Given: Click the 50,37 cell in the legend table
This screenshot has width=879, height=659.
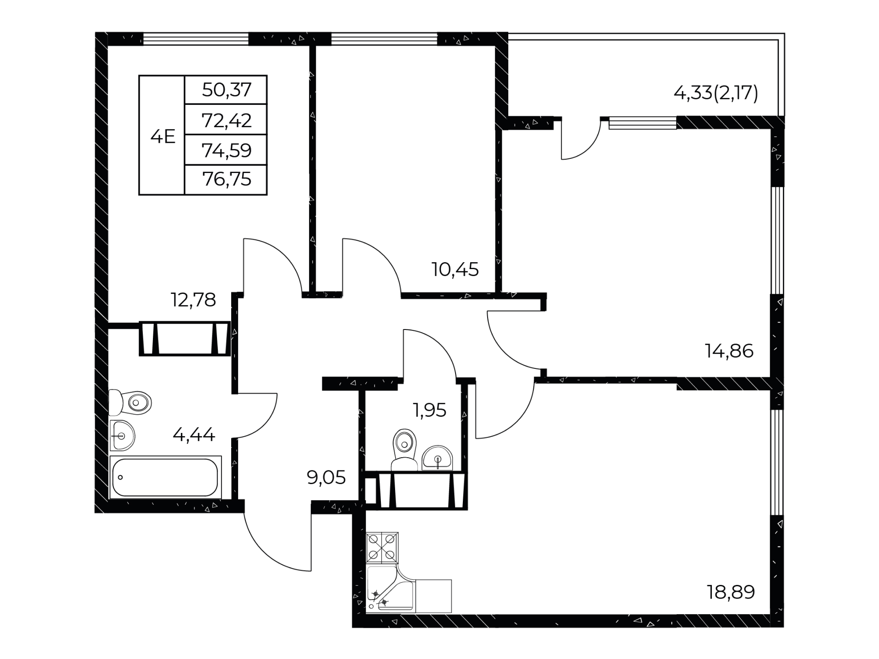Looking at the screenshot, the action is pos(227,90).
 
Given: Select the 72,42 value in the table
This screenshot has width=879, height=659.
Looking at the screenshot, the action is pos(227,120).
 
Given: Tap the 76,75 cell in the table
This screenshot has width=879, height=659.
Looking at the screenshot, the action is pos(227,179).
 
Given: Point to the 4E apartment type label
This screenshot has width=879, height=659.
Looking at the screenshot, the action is pos(163,136).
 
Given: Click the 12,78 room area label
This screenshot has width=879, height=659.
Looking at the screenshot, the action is pos(193,300).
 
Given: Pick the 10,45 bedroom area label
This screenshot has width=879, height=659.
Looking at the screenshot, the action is pos(455,270).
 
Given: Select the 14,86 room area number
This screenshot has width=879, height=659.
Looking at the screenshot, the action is pos(729,351).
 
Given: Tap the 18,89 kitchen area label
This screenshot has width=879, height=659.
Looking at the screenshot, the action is pos(731,592).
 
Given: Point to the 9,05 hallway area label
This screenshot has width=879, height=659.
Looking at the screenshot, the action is pos(326,478).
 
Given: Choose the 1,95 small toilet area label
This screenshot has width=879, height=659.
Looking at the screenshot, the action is pos(429,411).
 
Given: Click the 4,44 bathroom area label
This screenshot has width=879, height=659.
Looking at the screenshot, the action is pos(194,434).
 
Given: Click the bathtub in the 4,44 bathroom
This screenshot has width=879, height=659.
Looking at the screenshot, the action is pos(165,477).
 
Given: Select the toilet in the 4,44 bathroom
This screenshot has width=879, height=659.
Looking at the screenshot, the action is pos(130,403).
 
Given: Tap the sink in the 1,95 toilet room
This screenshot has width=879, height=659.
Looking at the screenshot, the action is pos(437,458).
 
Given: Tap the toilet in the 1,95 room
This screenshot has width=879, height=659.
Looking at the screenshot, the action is pos(405,449).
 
